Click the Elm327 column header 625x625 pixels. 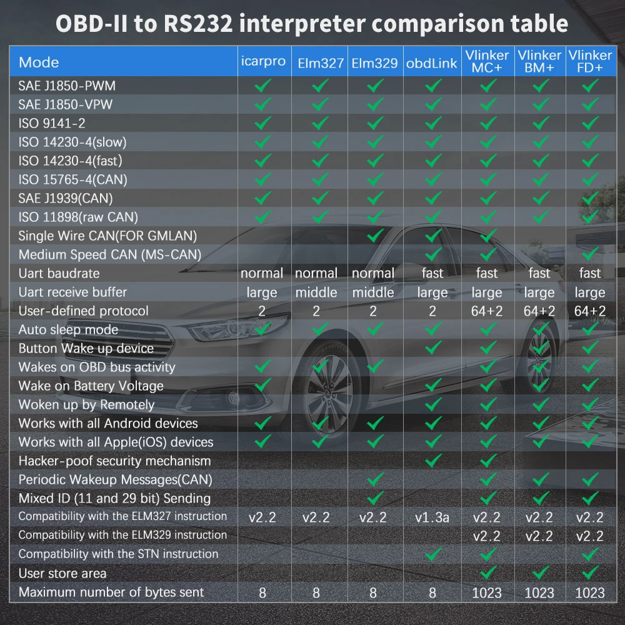[x=319, y=62]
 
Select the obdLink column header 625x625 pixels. [x=432, y=62]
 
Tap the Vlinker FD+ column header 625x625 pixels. [x=589, y=61]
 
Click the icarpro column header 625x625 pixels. [x=263, y=61]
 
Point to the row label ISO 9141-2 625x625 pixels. [x=52, y=123]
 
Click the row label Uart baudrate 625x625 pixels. [x=59, y=273]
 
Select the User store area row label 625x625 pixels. [x=62, y=573]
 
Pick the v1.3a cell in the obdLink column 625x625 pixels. [x=432, y=517]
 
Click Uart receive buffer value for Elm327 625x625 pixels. [x=316, y=292]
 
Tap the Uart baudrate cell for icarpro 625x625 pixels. [x=262, y=273]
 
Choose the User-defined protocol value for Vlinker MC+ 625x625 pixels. [x=487, y=311]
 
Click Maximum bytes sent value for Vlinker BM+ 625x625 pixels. [x=539, y=592]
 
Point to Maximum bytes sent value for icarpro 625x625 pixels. [x=262, y=592]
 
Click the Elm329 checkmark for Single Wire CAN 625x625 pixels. [x=374, y=236]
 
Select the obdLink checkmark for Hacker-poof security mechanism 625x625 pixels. [x=432, y=461]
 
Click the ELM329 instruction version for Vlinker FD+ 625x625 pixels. [x=589, y=536]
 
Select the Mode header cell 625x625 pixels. [x=39, y=62]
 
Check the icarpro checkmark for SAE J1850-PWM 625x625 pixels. [x=262, y=85]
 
